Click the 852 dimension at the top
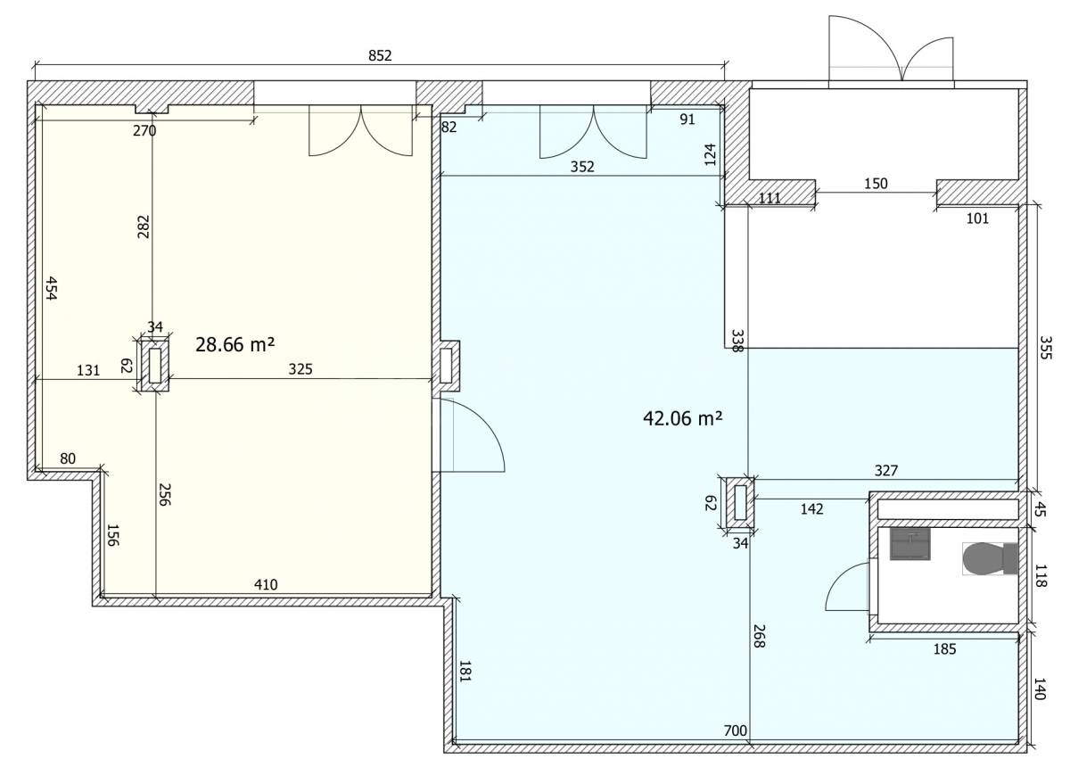(x=380, y=56)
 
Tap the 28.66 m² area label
(x=235, y=344)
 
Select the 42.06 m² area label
(x=683, y=418)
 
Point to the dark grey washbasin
(x=910, y=544)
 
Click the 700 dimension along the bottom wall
(x=736, y=730)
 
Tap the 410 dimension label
(x=266, y=584)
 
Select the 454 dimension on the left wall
(x=51, y=288)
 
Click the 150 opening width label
(x=876, y=184)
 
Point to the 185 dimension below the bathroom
(x=944, y=649)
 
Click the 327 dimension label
(x=886, y=471)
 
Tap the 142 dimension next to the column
(x=811, y=509)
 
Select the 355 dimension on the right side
(x=1045, y=348)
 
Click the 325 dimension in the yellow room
(x=300, y=369)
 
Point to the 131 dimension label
(x=88, y=370)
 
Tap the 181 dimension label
(x=465, y=671)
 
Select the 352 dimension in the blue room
(x=582, y=167)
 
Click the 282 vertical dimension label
(x=144, y=227)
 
